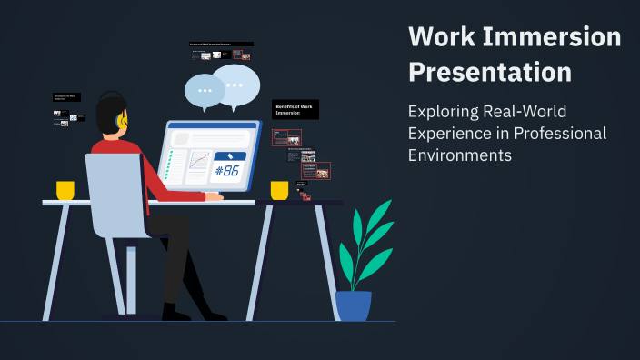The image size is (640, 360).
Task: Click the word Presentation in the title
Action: tap(490, 71)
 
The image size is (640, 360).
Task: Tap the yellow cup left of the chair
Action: tap(65, 190)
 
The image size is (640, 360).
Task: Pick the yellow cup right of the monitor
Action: tap(279, 190)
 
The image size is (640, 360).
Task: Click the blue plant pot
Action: tap(354, 305)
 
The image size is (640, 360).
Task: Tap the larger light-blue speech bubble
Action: tap(235, 85)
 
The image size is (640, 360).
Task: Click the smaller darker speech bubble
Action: tap(204, 91)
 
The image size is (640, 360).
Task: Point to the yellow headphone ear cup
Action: tap(123, 120)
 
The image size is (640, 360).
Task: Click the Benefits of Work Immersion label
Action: tap(295, 109)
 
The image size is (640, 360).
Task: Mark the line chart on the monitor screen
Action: tap(199, 163)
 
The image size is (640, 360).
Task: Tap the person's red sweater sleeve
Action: tap(168, 181)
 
